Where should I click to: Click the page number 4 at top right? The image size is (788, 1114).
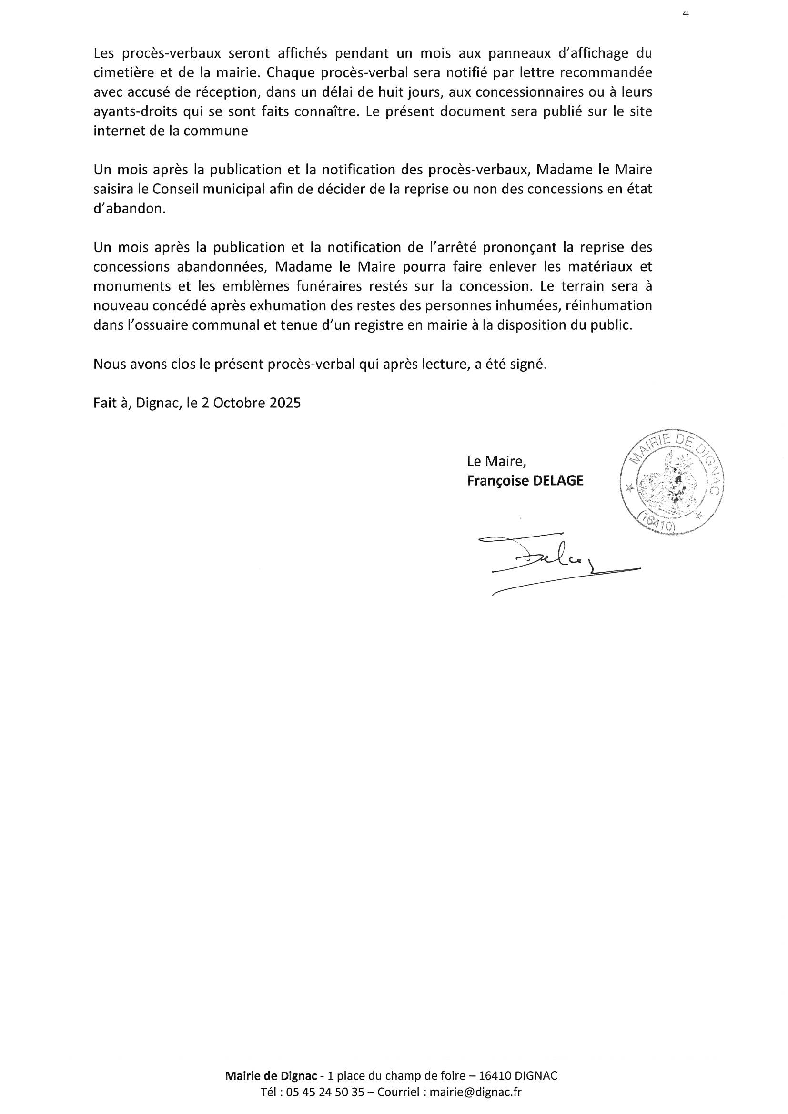click(x=686, y=15)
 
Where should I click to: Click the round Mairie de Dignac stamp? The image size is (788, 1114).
click(x=672, y=484)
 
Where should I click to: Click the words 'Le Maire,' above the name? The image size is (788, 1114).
click(x=496, y=460)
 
